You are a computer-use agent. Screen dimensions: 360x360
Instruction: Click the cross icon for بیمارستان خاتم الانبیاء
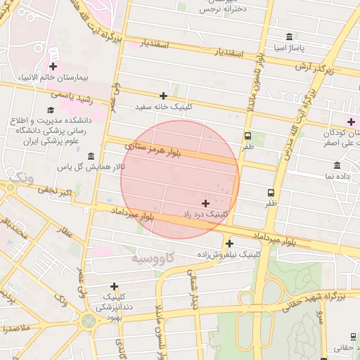tap(53, 66)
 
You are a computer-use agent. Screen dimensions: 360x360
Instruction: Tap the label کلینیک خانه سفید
tap(163, 108)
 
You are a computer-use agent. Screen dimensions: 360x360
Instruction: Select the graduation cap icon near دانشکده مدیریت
tap(51, 110)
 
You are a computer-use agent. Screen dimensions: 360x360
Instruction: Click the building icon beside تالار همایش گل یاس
tap(91, 155)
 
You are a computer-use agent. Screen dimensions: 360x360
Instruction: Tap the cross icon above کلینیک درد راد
tap(205, 202)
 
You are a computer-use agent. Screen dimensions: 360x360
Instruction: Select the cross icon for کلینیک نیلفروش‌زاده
tap(230, 243)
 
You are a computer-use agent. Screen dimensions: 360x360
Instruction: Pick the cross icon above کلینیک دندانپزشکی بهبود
tap(114, 287)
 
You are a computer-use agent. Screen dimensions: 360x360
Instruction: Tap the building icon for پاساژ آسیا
tap(289, 37)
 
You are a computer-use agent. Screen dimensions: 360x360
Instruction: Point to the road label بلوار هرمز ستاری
tap(153, 149)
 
